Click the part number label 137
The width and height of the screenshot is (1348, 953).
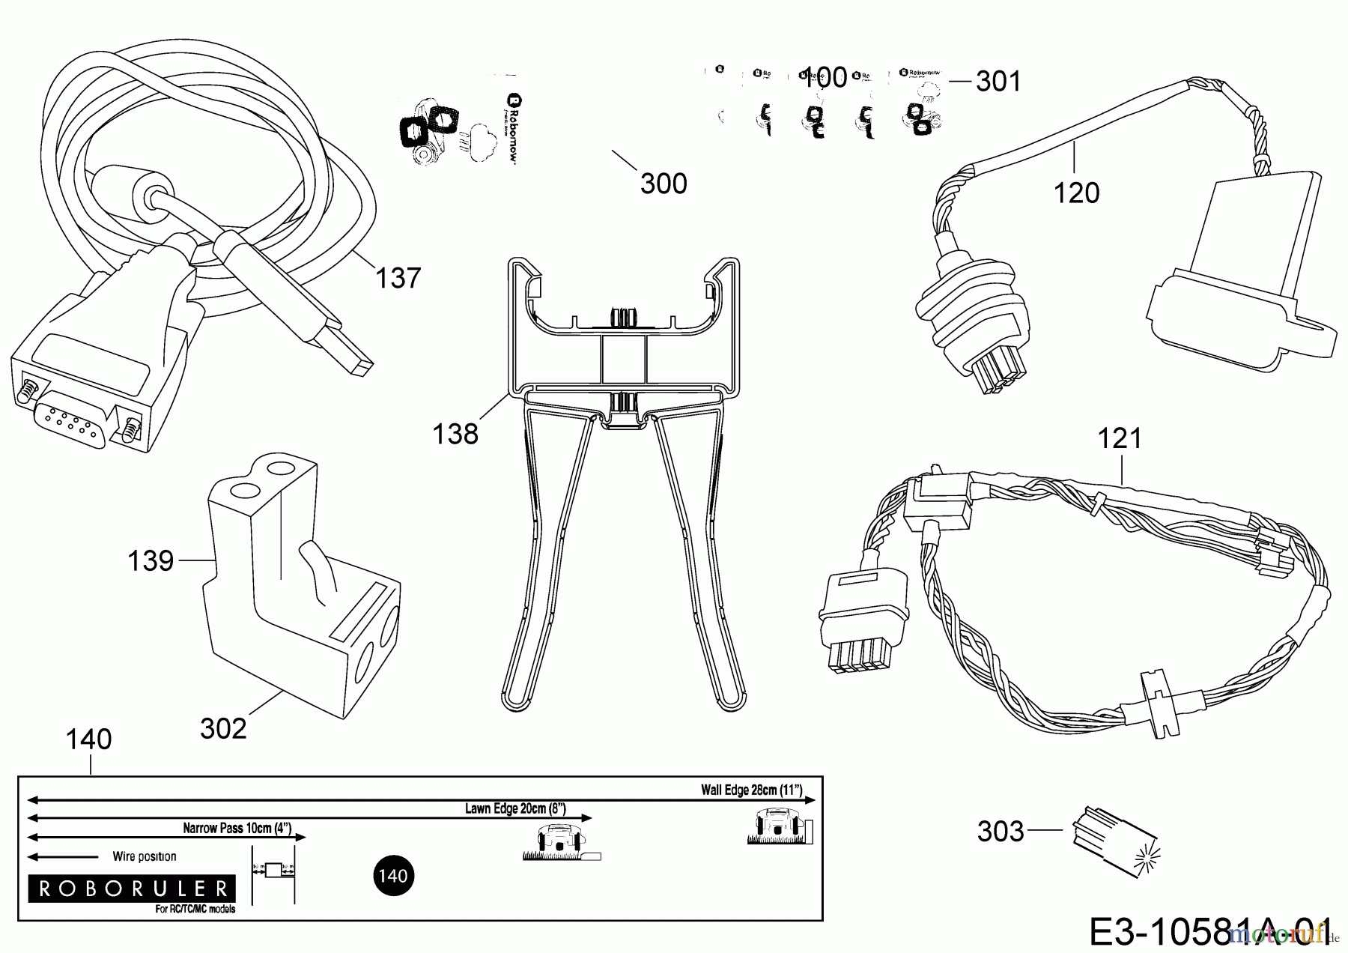pyautogui.click(x=398, y=278)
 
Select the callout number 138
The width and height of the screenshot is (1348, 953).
pyautogui.click(x=455, y=433)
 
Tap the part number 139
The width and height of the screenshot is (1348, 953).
pyautogui.click(x=151, y=560)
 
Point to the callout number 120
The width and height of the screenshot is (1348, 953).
pyautogui.click(x=1076, y=193)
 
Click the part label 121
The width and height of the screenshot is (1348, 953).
pyautogui.click(x=1120, y=438)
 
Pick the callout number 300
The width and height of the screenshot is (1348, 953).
pyautogui.click(x=664, y=184)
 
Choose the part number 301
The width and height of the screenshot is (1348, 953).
pyautogui.click(x=998, y=81)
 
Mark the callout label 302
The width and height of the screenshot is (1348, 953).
pyautogui.click(x=223, y=728)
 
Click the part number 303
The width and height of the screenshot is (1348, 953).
pyautogui.click(x=1001, y=831)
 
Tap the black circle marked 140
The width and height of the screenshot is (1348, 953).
pyautogui.click(x=393, y=875)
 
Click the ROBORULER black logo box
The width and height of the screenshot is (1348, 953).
pyautogui.click(x=132, y=889)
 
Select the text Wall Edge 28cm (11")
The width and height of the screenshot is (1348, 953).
pyautogui.click(x=751, y=790)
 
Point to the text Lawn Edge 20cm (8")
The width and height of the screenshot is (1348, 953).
pyautogui.click(x=515, y=808)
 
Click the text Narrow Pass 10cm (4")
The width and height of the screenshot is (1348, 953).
pyautogui.click(x=237, y=829)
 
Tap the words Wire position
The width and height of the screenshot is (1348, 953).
pyautogui.click(x=145, y=856)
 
